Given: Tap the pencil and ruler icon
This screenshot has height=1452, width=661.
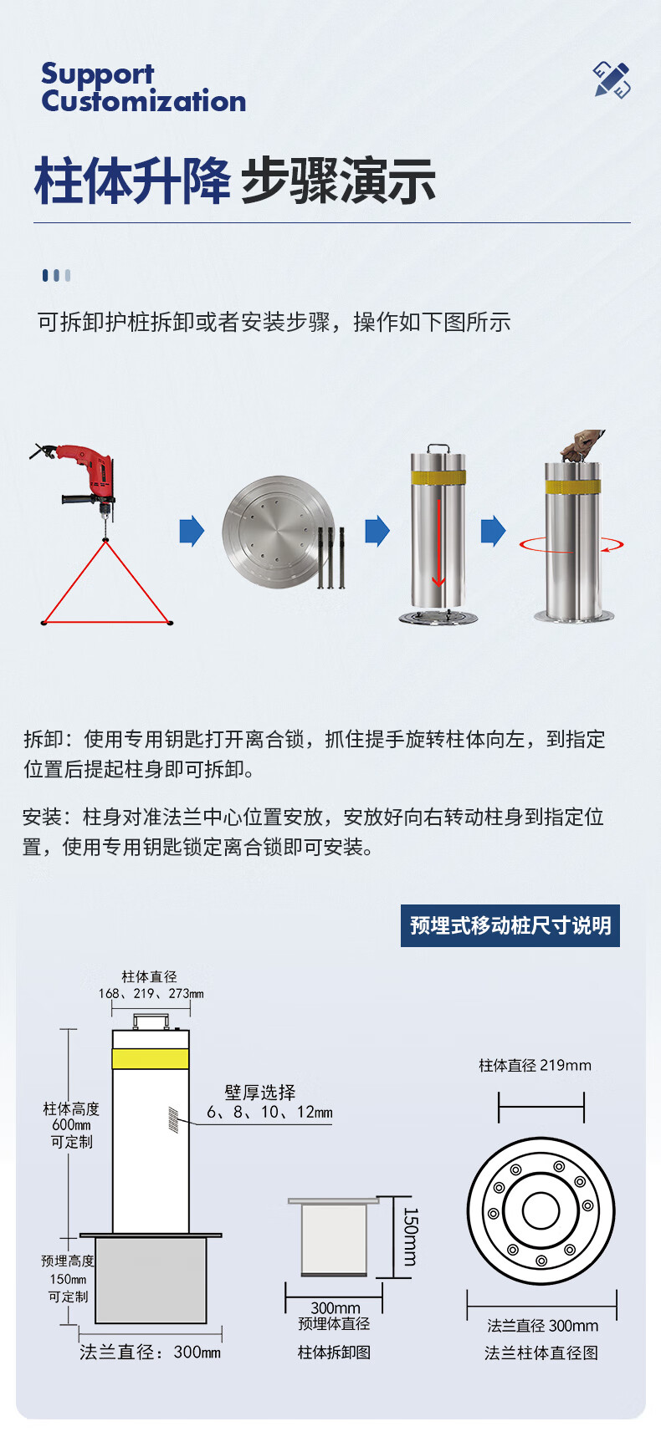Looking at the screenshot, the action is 612,80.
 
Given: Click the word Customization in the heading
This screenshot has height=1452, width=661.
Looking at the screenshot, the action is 144,101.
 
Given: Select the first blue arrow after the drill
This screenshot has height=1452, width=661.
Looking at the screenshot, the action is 192,531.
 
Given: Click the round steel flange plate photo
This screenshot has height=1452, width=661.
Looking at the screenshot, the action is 276,532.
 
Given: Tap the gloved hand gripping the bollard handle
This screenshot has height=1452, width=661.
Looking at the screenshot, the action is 582,445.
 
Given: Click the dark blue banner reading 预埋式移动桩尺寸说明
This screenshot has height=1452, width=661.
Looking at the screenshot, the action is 510,925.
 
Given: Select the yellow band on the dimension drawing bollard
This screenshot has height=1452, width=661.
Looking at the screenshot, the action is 151,1058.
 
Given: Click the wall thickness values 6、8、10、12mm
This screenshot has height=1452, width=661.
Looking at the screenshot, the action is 269,1113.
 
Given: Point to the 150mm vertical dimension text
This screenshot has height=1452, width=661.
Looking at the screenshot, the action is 410,1236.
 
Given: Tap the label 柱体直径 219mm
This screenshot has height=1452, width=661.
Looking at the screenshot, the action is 535,1065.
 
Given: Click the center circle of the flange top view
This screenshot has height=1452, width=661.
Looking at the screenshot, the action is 541,1210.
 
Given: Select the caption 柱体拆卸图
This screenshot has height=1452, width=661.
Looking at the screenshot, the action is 334,1352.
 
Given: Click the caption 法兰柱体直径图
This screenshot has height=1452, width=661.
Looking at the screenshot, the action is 541,1353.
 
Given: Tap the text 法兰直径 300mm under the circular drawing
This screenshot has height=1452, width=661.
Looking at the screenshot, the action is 542,1326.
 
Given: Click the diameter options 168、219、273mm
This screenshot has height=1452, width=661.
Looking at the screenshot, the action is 151,993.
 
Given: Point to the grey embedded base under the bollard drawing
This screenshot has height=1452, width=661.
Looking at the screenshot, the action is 151,1280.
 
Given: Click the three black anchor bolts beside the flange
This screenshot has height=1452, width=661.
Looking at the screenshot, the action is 331,558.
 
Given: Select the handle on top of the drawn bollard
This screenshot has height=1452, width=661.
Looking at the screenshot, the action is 151,1021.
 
